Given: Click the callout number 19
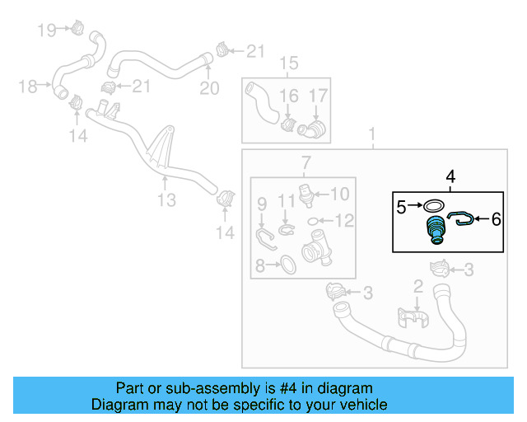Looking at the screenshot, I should point(47,30).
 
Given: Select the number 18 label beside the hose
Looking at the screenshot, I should point(28,86).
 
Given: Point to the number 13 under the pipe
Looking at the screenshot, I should point(166,200).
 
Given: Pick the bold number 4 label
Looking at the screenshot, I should point(450,176).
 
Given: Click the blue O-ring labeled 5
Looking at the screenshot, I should point(435,205).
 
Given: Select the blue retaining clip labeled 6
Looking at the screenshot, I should point(463,218).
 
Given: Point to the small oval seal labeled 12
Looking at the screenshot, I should point(314,221).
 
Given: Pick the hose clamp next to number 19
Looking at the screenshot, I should point(77,28).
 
